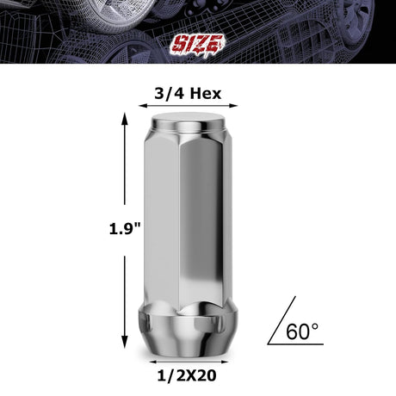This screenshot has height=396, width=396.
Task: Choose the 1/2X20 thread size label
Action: (187, 377)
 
